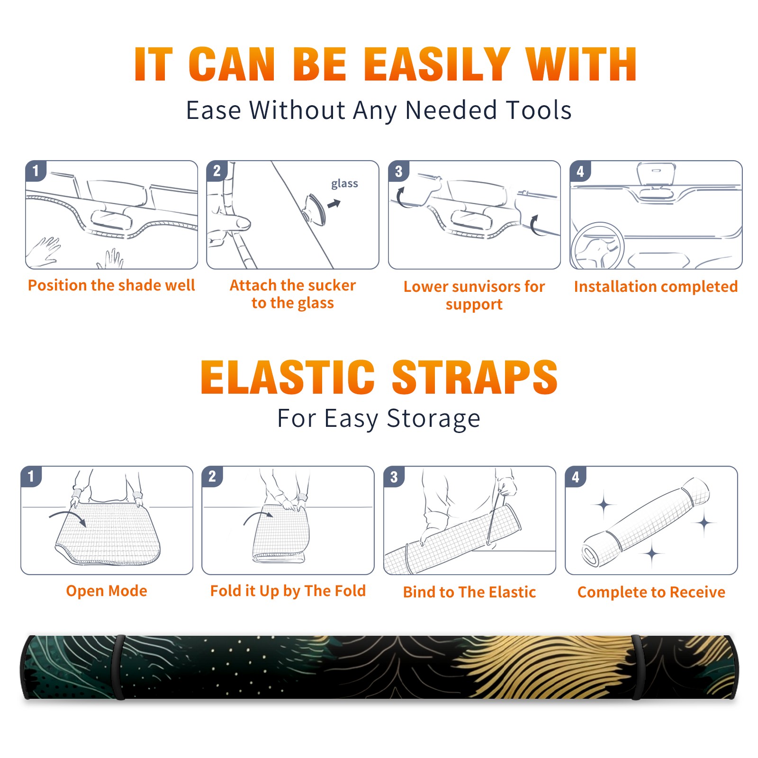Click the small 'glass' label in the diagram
344,184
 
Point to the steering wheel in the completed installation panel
597,246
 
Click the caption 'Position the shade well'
111,285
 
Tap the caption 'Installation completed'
656,287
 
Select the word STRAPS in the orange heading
475,377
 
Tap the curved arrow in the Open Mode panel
68,517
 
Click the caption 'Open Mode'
107,591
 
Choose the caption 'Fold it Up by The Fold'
288,591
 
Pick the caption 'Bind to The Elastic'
469,592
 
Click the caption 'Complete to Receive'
651,592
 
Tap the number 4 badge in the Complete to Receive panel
576,477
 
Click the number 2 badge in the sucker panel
217,171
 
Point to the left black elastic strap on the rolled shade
119,668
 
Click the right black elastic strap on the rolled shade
636,668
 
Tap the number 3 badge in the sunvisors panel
398,171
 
